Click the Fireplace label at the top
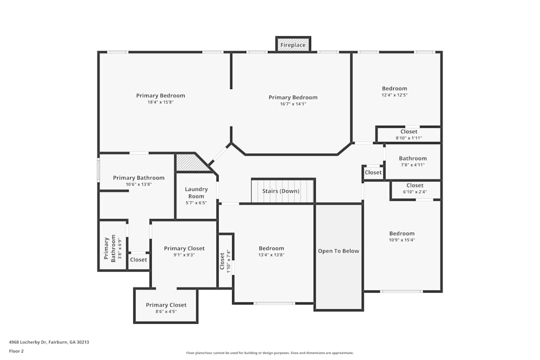(x=293, y=45)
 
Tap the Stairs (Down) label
(x=281, y=191)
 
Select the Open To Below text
(x=339, y=251)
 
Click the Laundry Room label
(x=196, y=193)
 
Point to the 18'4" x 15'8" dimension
(x=160, y=102)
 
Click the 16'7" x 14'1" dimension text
(x=293, y=104)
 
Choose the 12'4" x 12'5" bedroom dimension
(x=395, y=95)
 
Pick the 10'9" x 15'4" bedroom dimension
(x=402, y=240)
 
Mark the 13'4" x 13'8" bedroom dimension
(x=271, y=255)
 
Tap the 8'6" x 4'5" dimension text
(x=166, y=311)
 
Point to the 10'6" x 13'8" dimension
(x=139, y=184)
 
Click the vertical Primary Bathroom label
(x=110, y=248)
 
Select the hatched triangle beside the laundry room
(x=190, y=163)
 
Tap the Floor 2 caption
(x=17, y=351)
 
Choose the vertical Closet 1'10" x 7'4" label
(x=225, y=261)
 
